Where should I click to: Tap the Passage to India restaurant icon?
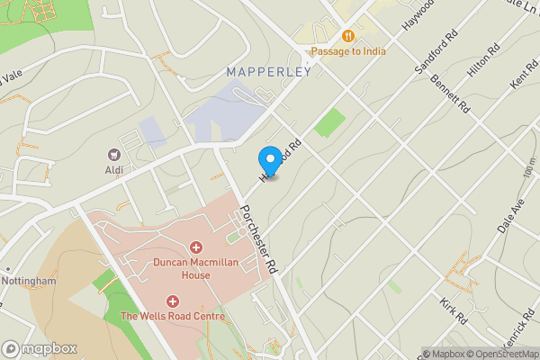(x=346, y=36)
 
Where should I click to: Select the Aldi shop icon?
(x=114, y=155)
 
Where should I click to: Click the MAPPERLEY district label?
(x=268, y=71)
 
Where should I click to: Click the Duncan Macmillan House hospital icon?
(x=195, y=247)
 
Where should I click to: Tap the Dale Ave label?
(x=512, y=216)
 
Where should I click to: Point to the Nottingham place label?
(x=31, y=281)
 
